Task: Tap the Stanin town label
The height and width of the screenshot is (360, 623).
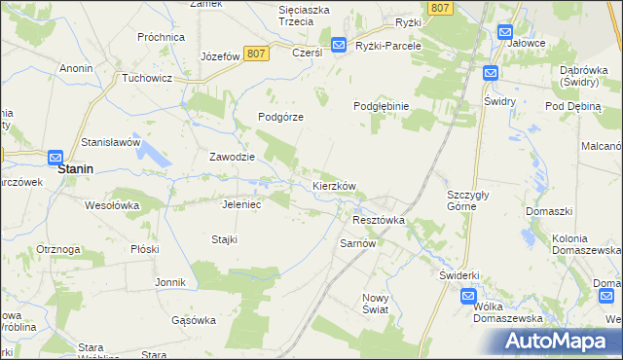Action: pyautogui.click(x=76, y=168)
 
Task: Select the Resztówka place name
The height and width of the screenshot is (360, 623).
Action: pyautogui.click(x=378, y=220)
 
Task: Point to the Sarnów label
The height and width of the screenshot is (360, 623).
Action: pyautogui.click(x=357, y=243)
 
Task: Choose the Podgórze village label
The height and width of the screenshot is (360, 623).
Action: pyautogui.click(x=281, y=117)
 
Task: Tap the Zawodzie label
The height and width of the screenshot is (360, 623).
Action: pyautogui.click(x=233, y=157)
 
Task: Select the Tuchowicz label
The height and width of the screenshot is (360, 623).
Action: pyautogui.click(x=148, y=77)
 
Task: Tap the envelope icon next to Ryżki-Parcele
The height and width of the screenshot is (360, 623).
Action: pyautogui.click(x=338, y=45)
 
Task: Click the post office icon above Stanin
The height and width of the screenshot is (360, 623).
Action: pyautogui.click(x=55, y=157)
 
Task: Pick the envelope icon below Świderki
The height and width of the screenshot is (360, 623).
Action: pyautogui.click(x=468, y=296)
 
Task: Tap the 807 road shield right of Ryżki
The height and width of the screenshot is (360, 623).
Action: pyautogui.click(x=440, y=8)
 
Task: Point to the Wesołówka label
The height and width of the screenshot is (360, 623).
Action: pyautogui.click(x=113, y=205)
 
